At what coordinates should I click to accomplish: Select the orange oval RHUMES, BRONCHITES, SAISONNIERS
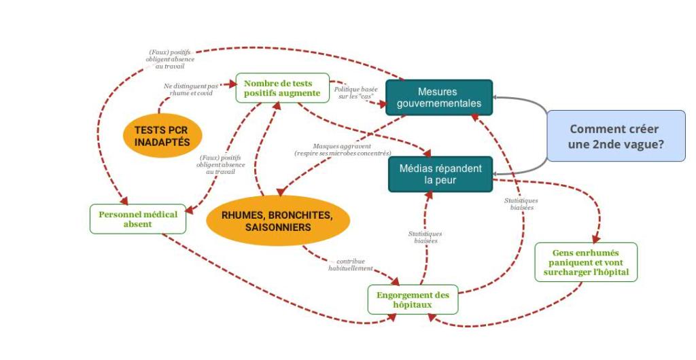[x=277, y=221]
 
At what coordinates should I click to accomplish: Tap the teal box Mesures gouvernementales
[x=438, y=97]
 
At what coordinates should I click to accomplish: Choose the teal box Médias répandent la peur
[x=440, y=174]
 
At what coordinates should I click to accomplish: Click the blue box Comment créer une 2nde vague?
[x=616, y=136]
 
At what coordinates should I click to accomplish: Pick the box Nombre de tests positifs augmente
[x=282, y=88]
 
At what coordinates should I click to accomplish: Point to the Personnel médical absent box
[x=138, y=219]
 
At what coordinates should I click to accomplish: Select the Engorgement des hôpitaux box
[x=413, y=300]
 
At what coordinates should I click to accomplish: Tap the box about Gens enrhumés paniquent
[x=586, y=262]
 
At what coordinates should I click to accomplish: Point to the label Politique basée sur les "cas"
[x=355, y=92]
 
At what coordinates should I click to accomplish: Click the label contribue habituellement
[x=351, y=264]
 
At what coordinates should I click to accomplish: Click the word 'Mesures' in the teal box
[x=438, y=92]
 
